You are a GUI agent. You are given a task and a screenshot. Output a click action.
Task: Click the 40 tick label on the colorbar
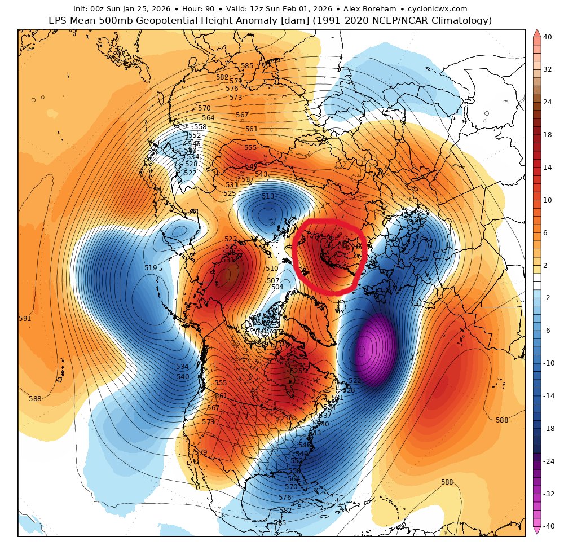pos(547,37)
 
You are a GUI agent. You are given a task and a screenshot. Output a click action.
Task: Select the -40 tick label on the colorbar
pos(547,525)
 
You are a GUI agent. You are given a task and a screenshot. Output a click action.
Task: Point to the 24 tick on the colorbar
pos(547,102)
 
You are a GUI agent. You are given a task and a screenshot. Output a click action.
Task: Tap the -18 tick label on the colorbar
pos(547,429)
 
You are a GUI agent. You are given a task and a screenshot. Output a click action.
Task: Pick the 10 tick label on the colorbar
pos(547,200)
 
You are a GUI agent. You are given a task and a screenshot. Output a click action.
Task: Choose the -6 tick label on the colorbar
pos(547,330)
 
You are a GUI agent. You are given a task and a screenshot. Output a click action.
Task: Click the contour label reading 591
pos(25,319)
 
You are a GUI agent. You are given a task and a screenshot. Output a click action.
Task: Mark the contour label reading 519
pos(151,268)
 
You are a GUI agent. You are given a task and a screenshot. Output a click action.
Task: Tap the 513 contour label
pos(268,196)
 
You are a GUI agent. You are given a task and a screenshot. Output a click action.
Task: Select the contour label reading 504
pos(277,287)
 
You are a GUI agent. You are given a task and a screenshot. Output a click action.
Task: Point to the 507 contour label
pos(273,280)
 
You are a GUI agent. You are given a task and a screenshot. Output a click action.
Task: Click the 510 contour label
pos(272,269)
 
